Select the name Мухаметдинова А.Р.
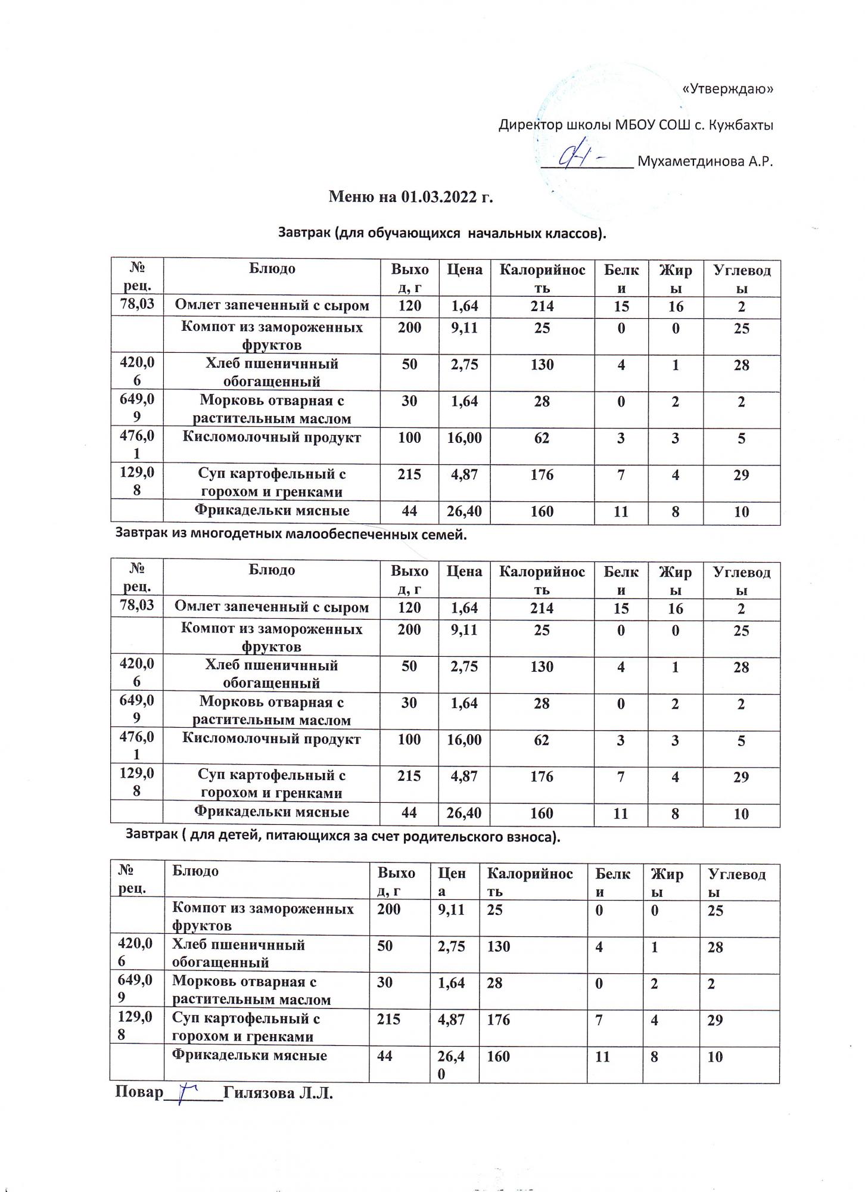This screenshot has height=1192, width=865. (705, 162)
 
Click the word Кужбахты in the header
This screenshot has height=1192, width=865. (740, 125)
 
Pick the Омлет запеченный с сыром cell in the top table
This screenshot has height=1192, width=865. (272, 306)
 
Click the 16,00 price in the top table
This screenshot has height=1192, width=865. (464, 438)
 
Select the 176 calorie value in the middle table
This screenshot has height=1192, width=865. (542, 777)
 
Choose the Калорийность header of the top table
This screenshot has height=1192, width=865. (542, 278)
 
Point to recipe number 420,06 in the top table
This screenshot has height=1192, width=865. (137, 372)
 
